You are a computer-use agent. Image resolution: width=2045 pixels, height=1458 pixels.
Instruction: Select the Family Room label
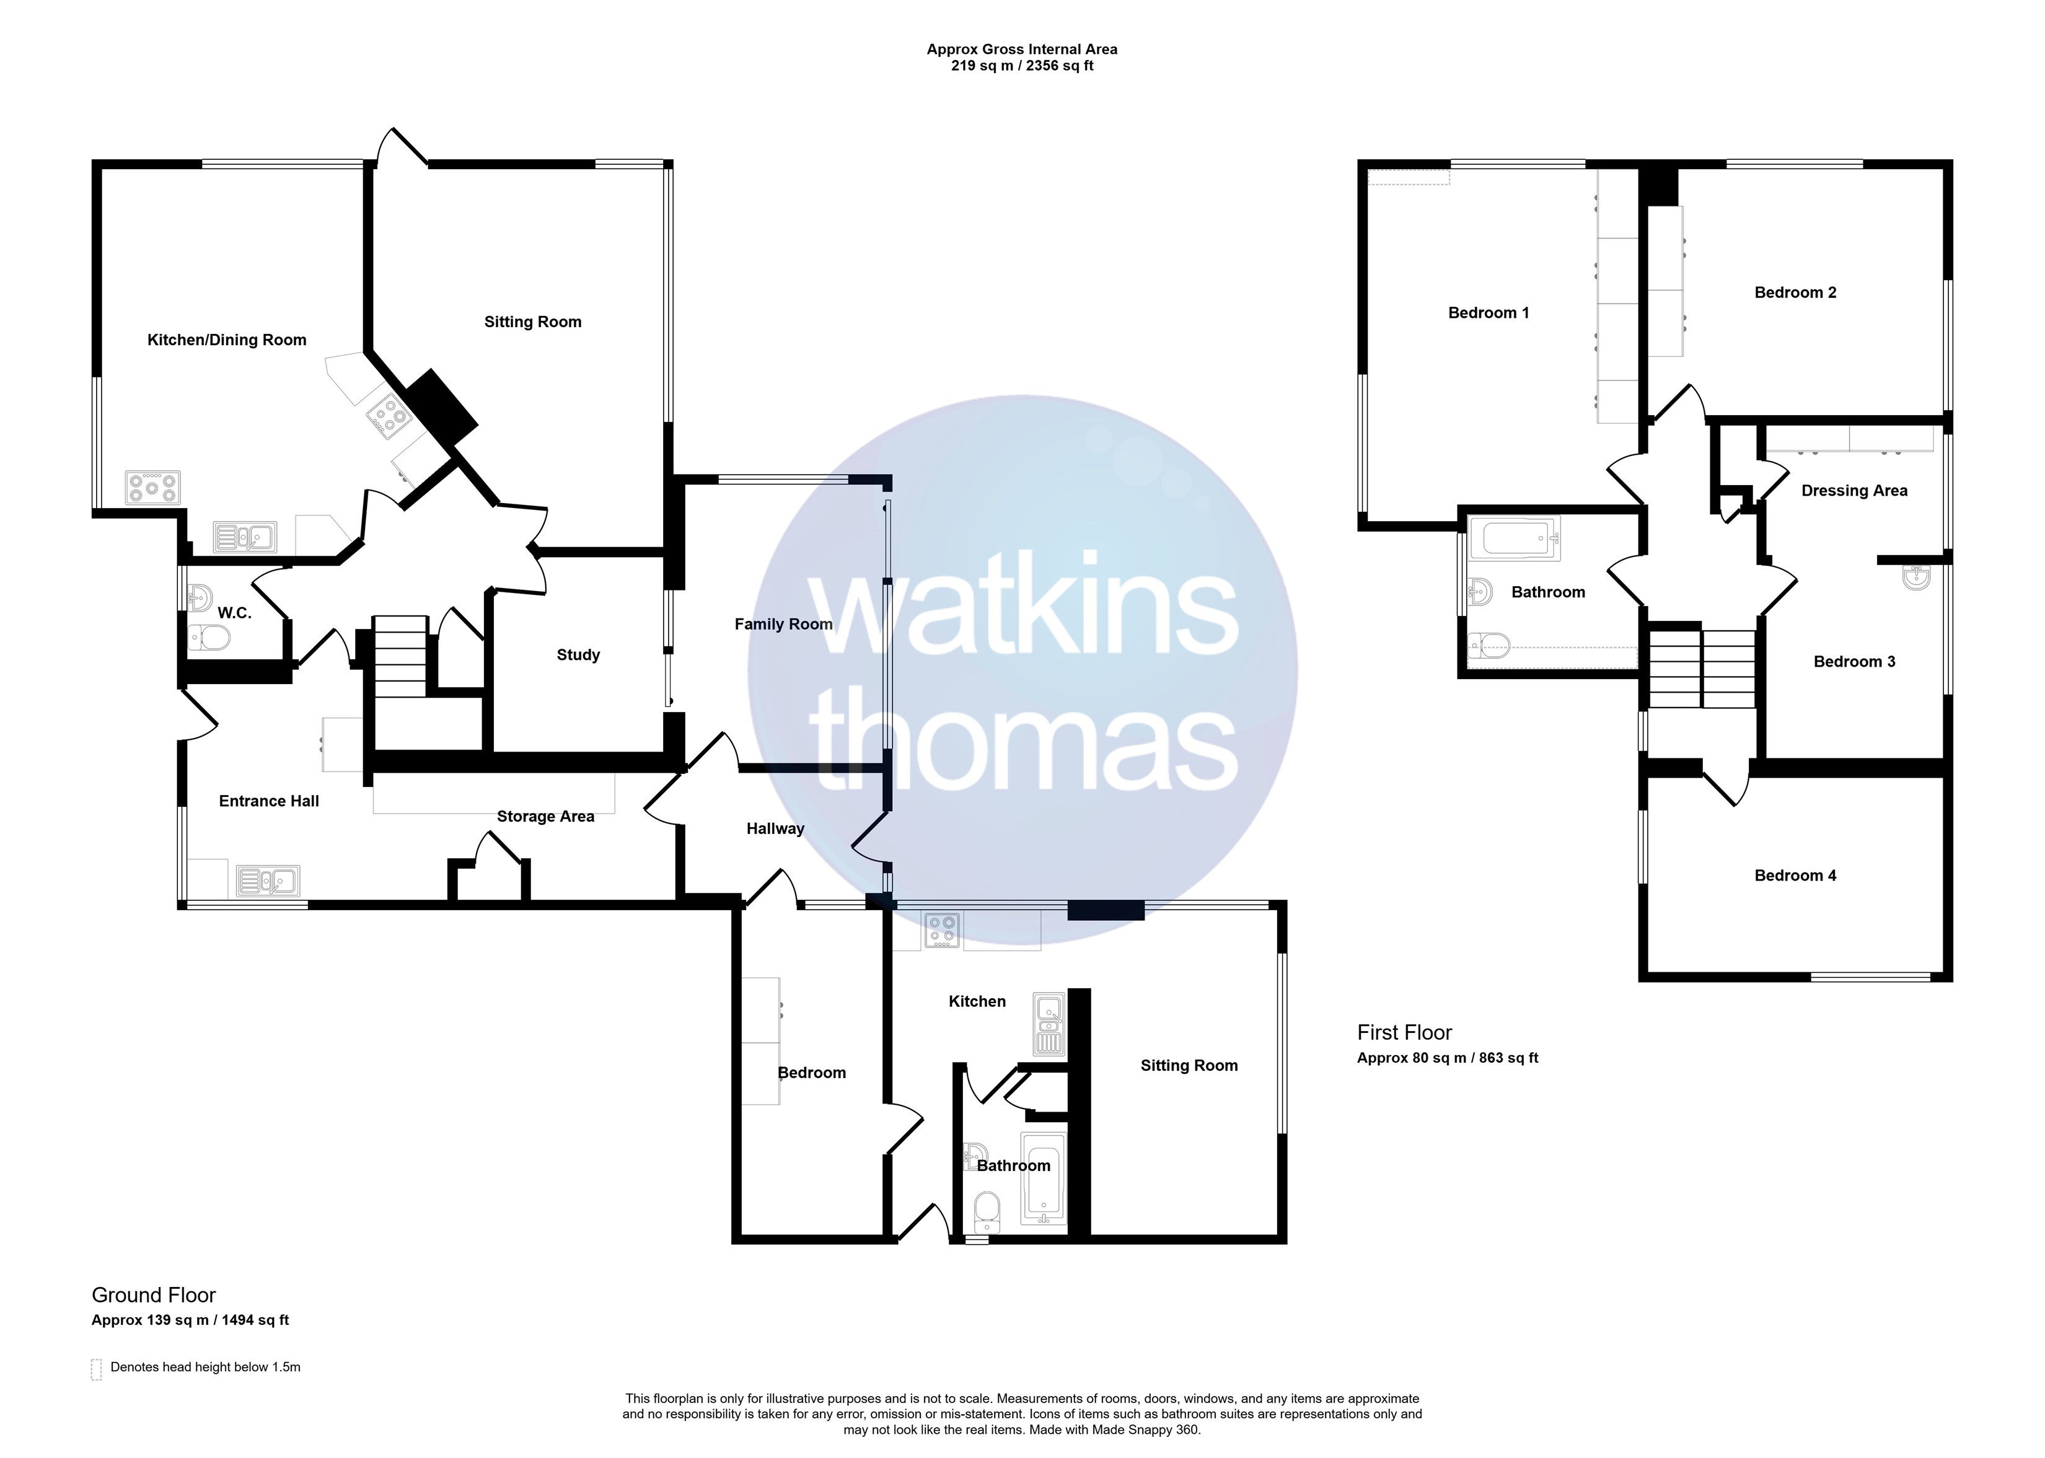(x=784, y=624)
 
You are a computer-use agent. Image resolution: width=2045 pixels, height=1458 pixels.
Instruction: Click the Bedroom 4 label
(x=1795, y=876)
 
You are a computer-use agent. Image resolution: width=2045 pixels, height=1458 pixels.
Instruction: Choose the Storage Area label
(x=546, y=817)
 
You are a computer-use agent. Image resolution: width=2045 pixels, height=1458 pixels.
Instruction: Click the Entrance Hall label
(x=270, y=801)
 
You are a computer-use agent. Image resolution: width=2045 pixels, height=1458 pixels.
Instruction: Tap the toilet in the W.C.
(x=209, y=638)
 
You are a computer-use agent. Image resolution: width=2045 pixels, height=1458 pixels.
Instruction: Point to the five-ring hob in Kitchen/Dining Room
(x=152, y=488)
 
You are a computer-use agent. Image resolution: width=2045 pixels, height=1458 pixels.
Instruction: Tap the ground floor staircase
(x=400, y=656)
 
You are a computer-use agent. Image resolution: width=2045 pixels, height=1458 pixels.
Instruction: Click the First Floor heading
(x=1404, y=1032)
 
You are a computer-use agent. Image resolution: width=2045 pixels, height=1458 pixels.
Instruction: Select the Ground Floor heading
(x=154, y=1296)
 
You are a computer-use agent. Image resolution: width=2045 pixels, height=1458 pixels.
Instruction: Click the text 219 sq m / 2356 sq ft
(x=1023, y=66)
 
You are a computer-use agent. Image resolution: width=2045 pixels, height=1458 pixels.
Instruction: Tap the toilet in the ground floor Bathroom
(x=987, y=1213)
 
